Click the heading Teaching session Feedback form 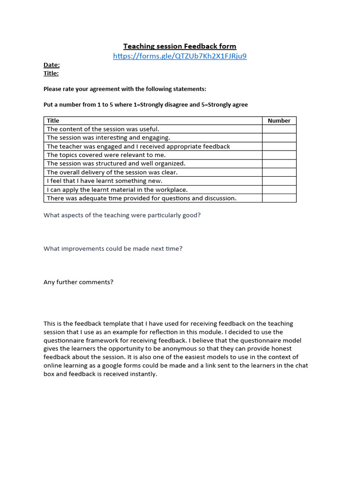[180, 46]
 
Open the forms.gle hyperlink [180, 56]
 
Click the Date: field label [52, 65]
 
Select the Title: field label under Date [51, 73]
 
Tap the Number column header [279, 120]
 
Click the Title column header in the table [53, 120]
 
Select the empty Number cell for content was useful [279, 129]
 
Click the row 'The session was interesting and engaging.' [108, 138]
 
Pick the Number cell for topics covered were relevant [279, 155]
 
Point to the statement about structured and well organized [116, 164]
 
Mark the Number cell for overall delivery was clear [279, 172]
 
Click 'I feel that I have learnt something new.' [105, 181]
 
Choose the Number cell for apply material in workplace [279, 190]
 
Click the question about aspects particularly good [122, 215]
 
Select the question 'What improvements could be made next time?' [113, 248]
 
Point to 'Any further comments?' [78, 282]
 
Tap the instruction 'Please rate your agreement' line [125, 89]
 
